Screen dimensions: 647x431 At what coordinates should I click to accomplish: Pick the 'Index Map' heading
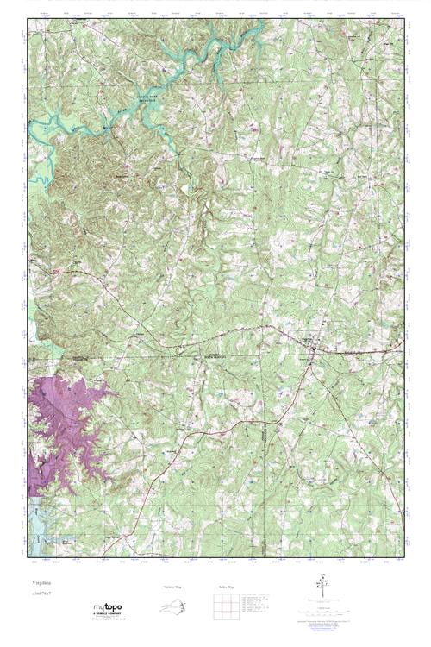coord(222,587)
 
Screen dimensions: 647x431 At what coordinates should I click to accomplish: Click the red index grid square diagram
coord(224,607)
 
